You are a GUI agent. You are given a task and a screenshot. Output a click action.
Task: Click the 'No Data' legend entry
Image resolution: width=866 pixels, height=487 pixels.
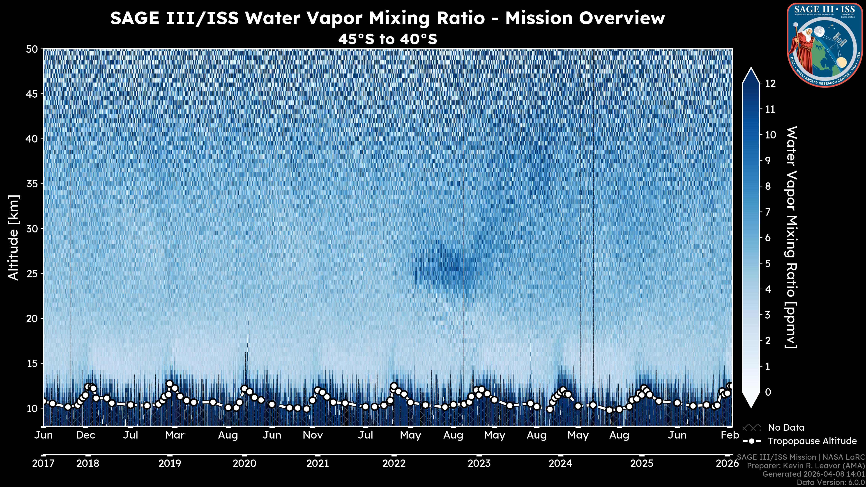click(786, 427)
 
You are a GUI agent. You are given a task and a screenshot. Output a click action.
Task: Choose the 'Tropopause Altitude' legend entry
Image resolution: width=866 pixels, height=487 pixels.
click(812, 441)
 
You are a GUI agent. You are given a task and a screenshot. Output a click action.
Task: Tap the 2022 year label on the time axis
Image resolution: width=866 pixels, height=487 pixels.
click(394, 464)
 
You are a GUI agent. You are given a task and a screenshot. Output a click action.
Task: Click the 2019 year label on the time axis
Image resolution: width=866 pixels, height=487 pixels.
click(170, 464)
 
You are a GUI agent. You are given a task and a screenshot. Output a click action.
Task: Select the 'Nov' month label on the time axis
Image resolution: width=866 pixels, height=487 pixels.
click(313, 435)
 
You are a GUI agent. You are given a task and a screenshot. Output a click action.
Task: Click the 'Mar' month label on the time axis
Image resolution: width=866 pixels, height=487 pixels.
click(175, 435)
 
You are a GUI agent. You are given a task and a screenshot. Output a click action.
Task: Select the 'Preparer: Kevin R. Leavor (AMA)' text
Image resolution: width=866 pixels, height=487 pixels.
click(806, 466)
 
